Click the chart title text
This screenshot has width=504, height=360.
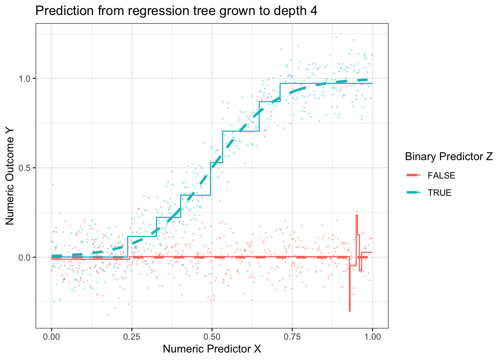click(x=176, y=11)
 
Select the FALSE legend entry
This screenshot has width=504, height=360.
click(x=441, y=175)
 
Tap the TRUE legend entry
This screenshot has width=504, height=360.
click(x=439, y=193)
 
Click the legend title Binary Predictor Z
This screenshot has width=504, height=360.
click(x=449, y=157)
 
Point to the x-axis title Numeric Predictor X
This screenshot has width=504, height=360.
click(x=212, y=349)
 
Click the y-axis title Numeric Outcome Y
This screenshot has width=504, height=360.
click(x=10, y=175)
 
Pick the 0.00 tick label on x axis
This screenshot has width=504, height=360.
click(x=51, y=337)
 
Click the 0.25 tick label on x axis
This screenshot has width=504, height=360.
click(x=132, y=337)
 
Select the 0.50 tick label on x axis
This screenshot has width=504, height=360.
click(x=212, y=337)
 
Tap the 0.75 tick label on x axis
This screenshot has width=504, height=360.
click(x=292, y=337)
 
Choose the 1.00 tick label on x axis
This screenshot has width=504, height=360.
click(x=372, y=337)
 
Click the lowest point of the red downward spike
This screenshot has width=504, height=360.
click(x=349, y=311)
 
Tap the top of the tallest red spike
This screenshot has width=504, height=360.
click(x=357, y=215)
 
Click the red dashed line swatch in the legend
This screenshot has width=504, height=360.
click(x=414, y=175)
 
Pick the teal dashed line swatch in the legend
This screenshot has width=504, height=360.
click(x=414, y=193)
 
